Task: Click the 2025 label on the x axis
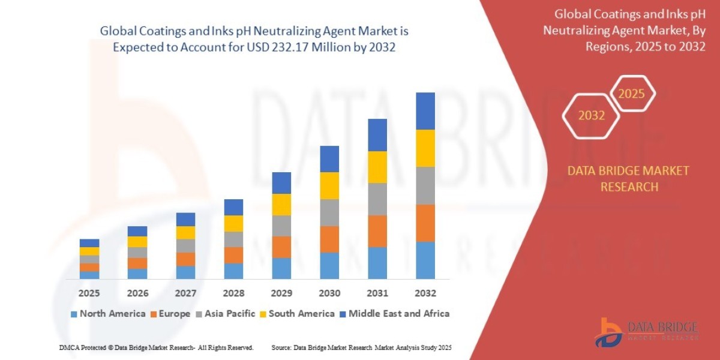pyautogui.click(x=89, y=293)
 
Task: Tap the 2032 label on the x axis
pyautogui.click(x=425, y=293)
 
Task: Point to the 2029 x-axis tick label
pyautogui.click(x=281, y=293)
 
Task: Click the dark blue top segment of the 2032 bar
pyautogui.click(x=425, y=111)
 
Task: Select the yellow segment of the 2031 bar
pyautogui.click(x=377, y=167)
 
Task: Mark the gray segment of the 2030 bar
pyautogui.click(x=329, y=212)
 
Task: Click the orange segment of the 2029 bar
pyautogui.click(x=281, y=247)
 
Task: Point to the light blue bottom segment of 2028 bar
pyautogui.click(x=233, y=271)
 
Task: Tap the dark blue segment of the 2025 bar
pyautogui.click(x=89, y=243)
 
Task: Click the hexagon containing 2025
pyautogui.click(x=631, y=94)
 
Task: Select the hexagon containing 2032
pyautogui.click(x=591, y=115)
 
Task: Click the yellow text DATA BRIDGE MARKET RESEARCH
pyautogui.click(x=628, y=179)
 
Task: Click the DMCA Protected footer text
pyautogui.click(x=156, y=347)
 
